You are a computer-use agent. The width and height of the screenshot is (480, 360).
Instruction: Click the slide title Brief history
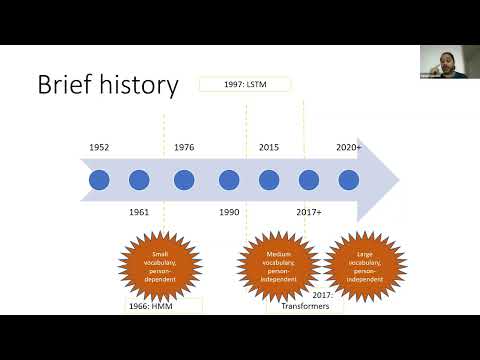(x=108, y=85)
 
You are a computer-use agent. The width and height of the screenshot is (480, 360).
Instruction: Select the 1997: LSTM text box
(x=244, y=85)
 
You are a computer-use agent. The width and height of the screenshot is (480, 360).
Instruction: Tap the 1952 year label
(x=98, y=147)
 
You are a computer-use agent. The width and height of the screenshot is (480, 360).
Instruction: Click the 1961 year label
(x=139, y=212)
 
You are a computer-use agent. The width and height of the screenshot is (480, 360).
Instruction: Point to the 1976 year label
(x=184, y=147)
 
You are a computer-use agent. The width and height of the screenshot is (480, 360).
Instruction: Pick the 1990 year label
(x=229, y=212)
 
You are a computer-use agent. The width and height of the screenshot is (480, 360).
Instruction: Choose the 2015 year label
(x=269, y=147)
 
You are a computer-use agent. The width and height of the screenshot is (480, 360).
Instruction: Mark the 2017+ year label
(x=309, y=212)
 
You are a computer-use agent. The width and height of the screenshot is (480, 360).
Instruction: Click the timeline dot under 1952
(x=98, y=180)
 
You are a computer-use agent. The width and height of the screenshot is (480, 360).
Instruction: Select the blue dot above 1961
(x=139, y=180)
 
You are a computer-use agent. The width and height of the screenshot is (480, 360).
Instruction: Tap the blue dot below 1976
(x=184, y=180)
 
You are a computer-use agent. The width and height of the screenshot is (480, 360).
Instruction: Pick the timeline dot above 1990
(x=229, y=180)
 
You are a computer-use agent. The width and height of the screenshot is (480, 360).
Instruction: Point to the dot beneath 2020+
(x=348, y=180)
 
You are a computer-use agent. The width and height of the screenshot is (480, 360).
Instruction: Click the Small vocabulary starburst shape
(x=160, y=264)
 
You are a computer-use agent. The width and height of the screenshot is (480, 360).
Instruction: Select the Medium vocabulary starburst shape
(x=278, y=264)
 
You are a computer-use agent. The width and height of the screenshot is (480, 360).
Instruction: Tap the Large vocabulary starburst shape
(x=366, y=264)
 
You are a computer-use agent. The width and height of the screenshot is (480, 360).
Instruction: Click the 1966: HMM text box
(x=163, y=305)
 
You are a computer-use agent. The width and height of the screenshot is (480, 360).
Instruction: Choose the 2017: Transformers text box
(x=306, y=302)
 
